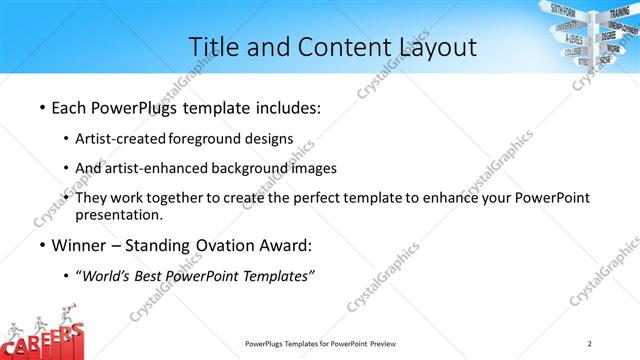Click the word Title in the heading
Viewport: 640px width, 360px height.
[x=213, y=46]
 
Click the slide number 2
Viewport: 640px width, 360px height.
[x=590, y=343]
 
